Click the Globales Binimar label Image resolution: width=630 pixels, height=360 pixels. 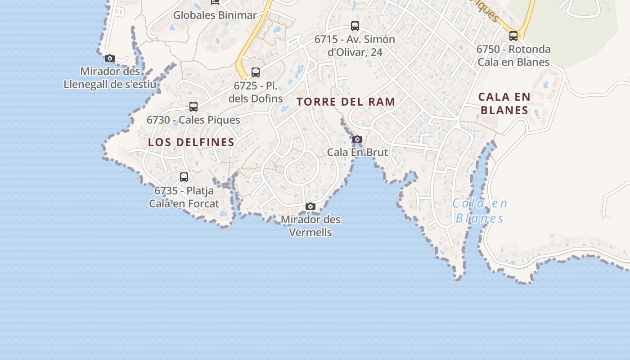pyautogui.click(x=215, y=15)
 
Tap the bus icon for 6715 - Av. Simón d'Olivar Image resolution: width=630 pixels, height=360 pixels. pyautogui.click(x=355, y=26)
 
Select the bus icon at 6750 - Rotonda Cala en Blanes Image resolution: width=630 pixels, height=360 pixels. pyautogui.click(x=513, y=36)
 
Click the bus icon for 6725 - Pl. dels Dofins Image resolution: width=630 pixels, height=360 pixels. pyautogui.click(x=256, y=72)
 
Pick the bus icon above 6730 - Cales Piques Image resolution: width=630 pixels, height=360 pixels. pyautogui.click(x=193, y=107)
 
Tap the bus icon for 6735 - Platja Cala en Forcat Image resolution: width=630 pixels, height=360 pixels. pyautogui.click(x=184, y=177)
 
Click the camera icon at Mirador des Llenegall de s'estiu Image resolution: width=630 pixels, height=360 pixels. pyautogui.click(x=110, y=58)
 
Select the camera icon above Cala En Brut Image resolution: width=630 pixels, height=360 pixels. pyautogui.click(x=357, y=139)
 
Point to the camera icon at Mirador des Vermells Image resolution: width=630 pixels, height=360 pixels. pyautogui.click(x=310, y=207)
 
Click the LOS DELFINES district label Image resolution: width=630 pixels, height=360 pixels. pyautogui.click(x=191, y=142)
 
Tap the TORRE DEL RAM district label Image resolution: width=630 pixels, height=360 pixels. pyautogui.click(x=346, y=102)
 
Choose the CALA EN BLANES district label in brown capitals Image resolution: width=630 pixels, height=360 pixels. pyautogui.click(x=504, y=103)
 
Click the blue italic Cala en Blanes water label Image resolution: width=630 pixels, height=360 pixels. pyautogui.click(x=480, y=211)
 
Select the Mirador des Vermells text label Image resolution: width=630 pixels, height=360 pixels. pyautogui.click(x=310, y=226)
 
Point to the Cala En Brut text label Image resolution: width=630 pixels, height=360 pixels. pyautogui.click(x=357, y=152)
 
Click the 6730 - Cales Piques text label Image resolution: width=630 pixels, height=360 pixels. pyautogui.click(x=193, y=120)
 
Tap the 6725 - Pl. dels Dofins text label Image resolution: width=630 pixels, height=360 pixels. pyautogui.click(x=256, y=92)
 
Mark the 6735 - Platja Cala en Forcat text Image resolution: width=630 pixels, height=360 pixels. pyautogui.click(x=184, y=197)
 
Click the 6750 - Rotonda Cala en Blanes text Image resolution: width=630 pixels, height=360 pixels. pyautogui.click(x=513, y=55)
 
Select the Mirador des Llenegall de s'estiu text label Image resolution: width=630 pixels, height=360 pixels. pyautogui.click(x=110, y=78)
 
